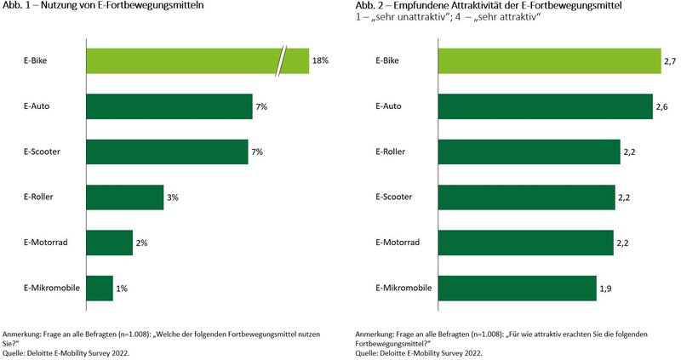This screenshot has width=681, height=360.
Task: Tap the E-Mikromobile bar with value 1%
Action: tap(100, 288)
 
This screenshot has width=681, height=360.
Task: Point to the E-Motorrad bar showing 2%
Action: tap(110, 243)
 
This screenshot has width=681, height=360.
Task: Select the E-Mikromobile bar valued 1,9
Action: tap(516, 288)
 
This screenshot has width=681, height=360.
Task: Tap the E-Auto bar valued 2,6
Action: tap(545, 106)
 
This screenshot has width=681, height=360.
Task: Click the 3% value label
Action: tap(172, 197)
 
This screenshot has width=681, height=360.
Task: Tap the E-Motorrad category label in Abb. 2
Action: tap(395, 243)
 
